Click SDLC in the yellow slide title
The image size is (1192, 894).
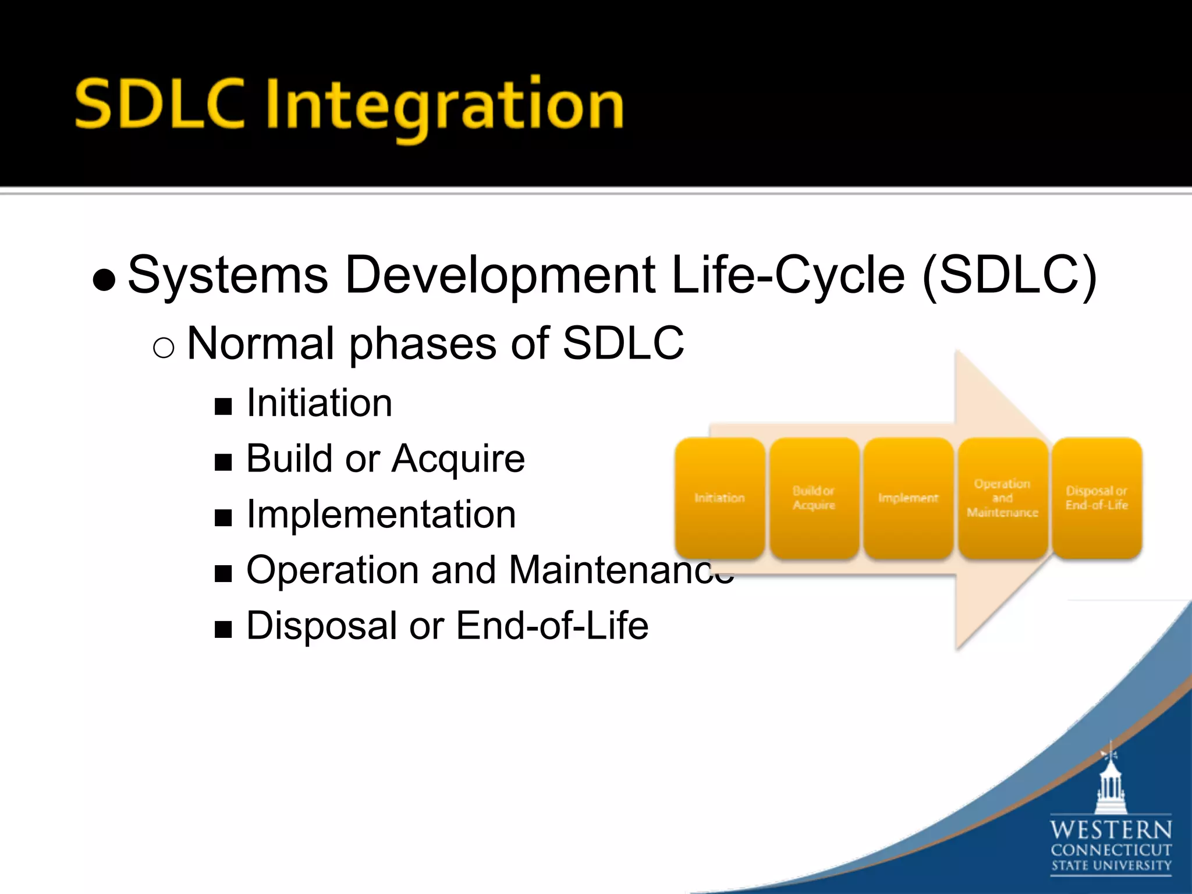tap(160, 105)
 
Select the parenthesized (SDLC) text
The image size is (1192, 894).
tap(1010, 276)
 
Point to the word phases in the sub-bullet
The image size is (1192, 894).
tap(423, 343)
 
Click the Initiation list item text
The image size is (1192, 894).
tap(319, 403)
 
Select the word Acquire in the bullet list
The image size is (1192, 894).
tap(458, 459)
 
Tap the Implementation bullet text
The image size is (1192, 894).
tap(381, 515)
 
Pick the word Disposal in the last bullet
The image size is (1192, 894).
tap(321, 626)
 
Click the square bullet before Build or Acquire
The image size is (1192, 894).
tap(223, 462)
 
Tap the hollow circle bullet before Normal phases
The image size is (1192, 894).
tap(164, 348)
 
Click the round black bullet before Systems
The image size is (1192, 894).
tap(104, 280)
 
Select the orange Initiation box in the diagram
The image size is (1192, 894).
tap(719, 498)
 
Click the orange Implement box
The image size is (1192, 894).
tap(908, 498)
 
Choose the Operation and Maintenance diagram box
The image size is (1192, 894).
tap(1002, 498)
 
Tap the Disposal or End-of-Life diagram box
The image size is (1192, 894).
tap(1097, 498)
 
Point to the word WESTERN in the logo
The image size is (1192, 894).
tap(1111, 829)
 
